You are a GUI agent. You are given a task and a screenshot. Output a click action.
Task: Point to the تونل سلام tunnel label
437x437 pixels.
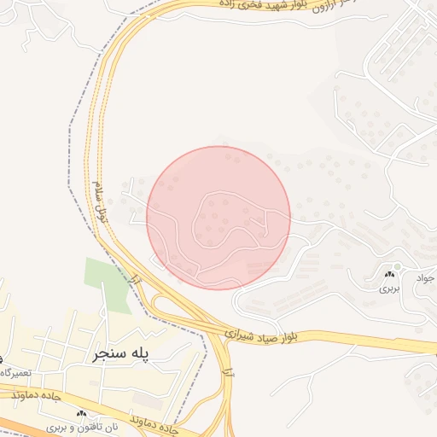click(x=102, y=204)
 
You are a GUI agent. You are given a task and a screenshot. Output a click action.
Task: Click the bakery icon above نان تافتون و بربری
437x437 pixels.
click(x=82, y=413)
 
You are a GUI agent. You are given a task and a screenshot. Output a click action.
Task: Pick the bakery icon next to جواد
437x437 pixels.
click(x=390, y=273)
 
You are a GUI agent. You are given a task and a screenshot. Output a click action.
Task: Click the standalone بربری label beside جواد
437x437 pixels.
click(x=389, y=288)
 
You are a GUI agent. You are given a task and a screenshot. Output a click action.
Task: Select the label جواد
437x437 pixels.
click(x=425, y=277)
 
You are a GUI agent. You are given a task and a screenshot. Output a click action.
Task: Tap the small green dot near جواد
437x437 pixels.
click(x=398, y=266)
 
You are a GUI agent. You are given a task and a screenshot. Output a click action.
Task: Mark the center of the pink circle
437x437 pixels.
click(x=218, y=218)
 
